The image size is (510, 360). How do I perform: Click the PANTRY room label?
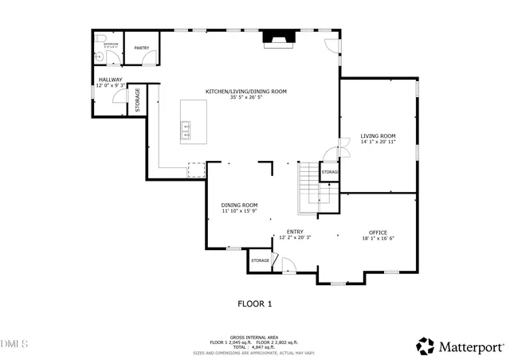(142, 49)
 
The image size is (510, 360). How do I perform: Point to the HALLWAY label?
(110, 80)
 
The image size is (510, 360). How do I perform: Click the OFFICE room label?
(379, 233)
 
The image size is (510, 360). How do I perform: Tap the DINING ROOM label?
(239, 205)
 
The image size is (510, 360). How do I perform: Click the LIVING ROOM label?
(378, 135)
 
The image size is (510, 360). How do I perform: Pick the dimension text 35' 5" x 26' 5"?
(245, 98)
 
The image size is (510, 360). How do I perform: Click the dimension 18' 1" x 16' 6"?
(379, 238)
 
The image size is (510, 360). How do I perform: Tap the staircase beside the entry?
(309, 190)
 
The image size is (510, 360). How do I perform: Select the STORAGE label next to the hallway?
(137, 100)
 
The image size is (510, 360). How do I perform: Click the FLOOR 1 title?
(255, 303)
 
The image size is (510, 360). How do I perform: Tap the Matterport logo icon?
(426, 346)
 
